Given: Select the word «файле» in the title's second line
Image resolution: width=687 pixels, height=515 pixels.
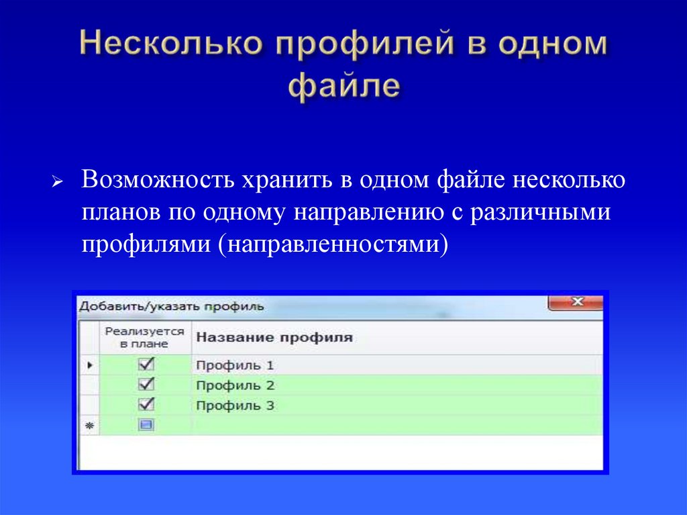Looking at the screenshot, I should coord(343,87).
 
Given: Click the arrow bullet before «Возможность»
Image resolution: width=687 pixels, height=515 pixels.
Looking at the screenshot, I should coord(58,183).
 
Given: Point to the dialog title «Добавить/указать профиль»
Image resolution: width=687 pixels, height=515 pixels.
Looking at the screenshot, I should coord(172,306).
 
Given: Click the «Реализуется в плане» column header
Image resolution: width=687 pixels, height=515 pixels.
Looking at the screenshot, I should coord(145,337).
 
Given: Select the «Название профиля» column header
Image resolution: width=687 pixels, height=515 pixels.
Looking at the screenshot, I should coord(274,338).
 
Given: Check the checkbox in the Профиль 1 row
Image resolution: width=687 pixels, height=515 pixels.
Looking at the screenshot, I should coord(146,365).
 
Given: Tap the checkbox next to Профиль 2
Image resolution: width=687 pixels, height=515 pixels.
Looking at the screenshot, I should coord(146,385).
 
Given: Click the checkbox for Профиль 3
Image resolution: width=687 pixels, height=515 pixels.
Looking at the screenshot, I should coord(146,405).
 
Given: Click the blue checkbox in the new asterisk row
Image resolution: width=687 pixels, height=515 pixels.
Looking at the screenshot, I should coord(146,424).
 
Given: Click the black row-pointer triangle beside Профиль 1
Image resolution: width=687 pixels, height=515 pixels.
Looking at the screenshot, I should coord(89,365).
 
